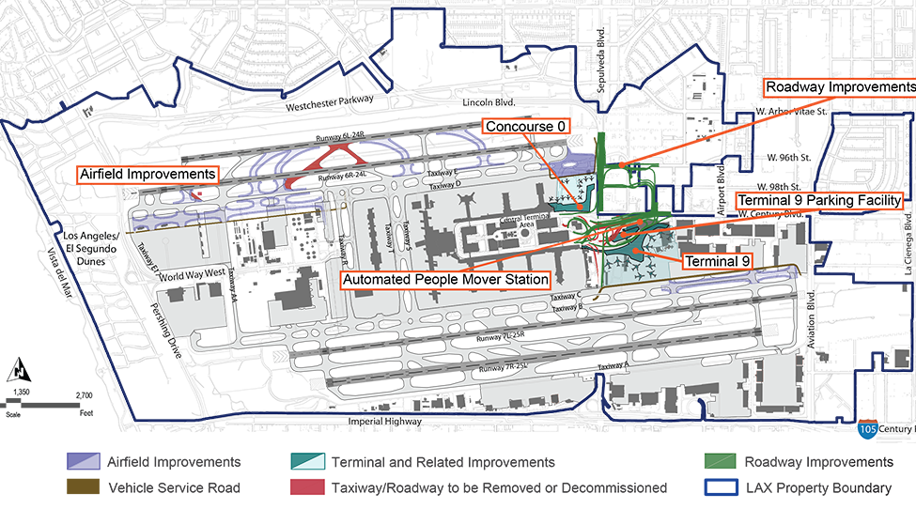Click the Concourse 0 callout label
[x=523, y=126]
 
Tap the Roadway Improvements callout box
[x=839, y=88]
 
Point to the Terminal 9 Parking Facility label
[x=819, y=201]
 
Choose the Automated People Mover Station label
[x=444, y=280]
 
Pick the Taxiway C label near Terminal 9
[x=567, y=297]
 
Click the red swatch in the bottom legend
[x=296, y=482]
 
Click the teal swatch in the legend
[x=297, y=458]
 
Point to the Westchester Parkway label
[x=329, y=100]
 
